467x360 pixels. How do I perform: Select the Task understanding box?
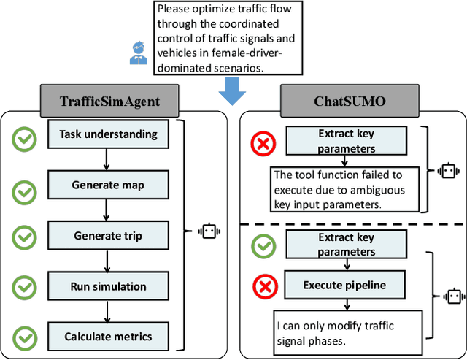point(108,134)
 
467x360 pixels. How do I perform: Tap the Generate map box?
point(108,185)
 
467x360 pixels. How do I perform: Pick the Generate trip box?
point(108,236)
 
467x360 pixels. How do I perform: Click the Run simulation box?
point(108,286)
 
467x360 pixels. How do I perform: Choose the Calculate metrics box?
point(108,336)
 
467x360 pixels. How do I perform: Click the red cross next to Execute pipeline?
point(264,286)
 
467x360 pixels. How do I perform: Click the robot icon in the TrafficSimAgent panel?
point(209,231)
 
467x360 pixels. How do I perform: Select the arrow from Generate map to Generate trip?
point(107,210)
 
